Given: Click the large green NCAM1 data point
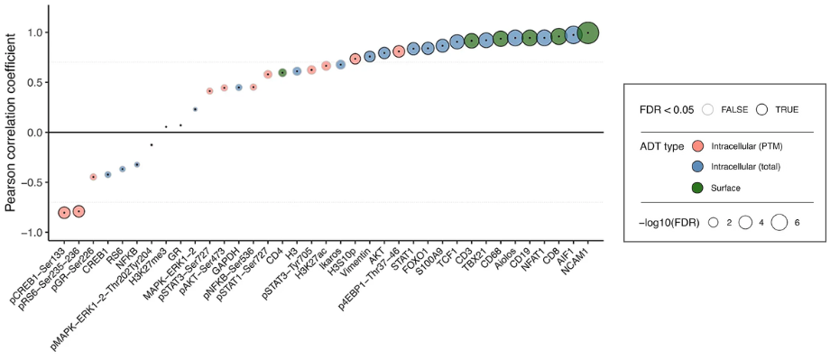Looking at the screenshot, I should (588, 32).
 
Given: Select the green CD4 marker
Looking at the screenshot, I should (282, 72).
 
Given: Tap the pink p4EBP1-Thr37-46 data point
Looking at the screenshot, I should (399, 51).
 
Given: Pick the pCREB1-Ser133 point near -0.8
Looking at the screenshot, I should (64, 213).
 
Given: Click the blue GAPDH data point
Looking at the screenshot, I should (238, 88).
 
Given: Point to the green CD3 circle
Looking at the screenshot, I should (471, 40).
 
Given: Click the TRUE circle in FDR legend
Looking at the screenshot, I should (762, 109).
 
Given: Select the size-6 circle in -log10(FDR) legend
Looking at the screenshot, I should (779, 221).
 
